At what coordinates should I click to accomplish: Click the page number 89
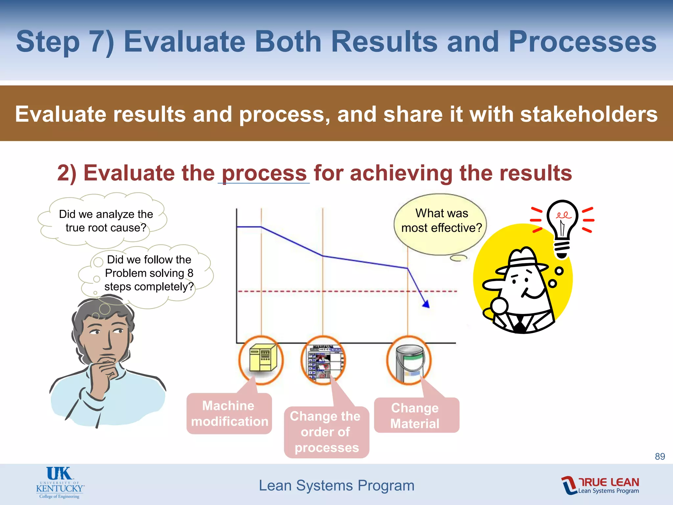coord(660,456)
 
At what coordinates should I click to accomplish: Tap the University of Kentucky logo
coord(60,483)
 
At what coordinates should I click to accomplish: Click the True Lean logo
coord(600,485)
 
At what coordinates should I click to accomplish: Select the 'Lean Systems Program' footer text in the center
coord(336,485)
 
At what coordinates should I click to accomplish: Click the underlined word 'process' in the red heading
coord(264,173)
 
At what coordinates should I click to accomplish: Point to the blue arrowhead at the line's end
coord(426,304)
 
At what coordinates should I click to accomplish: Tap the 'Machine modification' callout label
coord(229,414)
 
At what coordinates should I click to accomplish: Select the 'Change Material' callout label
coord(416,416)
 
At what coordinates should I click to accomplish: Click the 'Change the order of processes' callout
coord(326,432)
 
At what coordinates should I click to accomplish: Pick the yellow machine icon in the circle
coord(262,359)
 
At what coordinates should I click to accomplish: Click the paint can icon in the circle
coord(409,360)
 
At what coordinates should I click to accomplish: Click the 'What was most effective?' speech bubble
coord(441,221)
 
